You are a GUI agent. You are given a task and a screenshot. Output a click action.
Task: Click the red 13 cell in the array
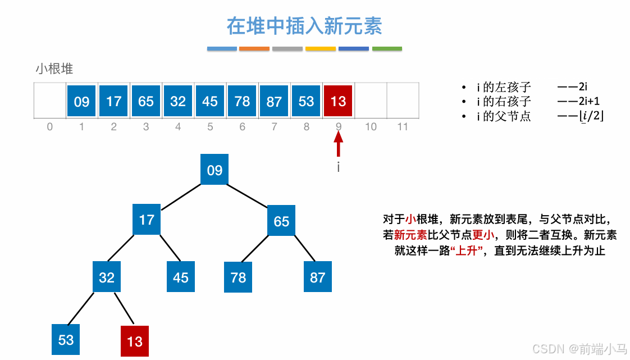pos(338,101)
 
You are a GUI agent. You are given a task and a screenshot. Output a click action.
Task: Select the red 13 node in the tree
pos(135,341)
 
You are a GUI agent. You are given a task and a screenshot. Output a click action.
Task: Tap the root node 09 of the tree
pos(214,170)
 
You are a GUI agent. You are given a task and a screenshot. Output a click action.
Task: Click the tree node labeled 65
pos(281,221)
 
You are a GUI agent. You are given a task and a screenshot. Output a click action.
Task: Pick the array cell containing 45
pos(210,101)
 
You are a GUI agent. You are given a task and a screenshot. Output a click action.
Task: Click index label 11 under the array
pos(403,127)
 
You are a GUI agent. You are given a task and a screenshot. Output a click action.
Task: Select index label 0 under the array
pos(50,127)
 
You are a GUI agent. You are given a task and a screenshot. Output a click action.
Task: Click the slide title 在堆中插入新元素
pos(304,26)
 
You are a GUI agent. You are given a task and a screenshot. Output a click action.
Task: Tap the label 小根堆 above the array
pos(54,69)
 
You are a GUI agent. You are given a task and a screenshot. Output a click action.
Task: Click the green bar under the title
pos(387,49)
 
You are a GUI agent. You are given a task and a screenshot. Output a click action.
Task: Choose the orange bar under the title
pos(254,49)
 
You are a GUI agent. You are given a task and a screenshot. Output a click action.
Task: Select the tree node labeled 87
pos(318,277)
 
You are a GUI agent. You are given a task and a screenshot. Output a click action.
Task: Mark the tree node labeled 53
pos(66,339)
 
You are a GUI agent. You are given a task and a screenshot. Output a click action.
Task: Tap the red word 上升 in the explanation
pos(467,251)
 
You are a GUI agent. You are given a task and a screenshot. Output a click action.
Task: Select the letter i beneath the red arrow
pos(338,167)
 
